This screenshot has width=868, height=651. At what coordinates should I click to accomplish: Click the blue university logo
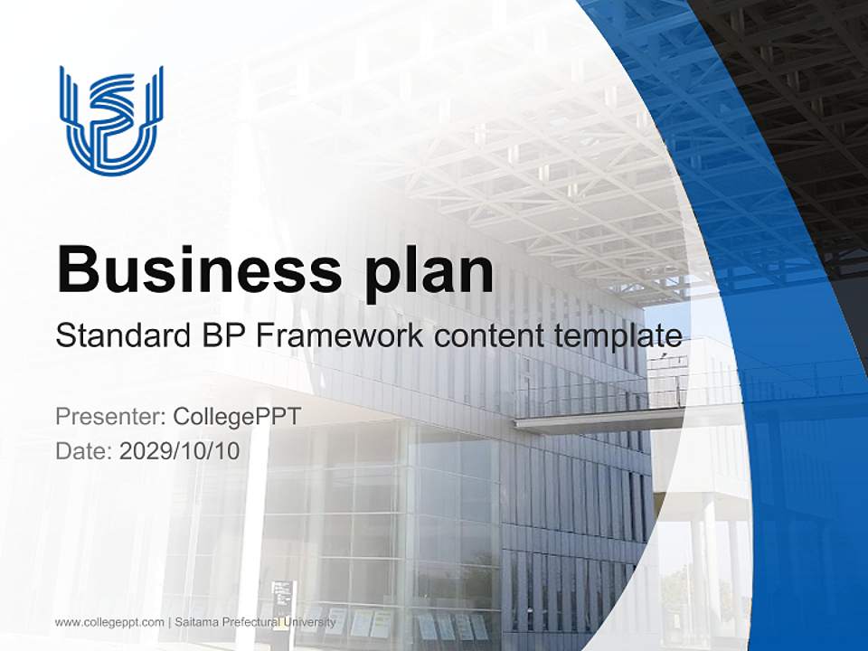coord(111,118)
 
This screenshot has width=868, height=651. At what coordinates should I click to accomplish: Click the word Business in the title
coord(192,269)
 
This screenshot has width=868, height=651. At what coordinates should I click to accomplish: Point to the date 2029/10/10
coord(180,450)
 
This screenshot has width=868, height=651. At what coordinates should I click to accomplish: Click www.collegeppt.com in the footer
coord(109,622)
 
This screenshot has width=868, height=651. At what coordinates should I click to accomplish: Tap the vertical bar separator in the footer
coord(169,622)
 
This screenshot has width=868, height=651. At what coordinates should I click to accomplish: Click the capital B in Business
coord(76,269)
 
